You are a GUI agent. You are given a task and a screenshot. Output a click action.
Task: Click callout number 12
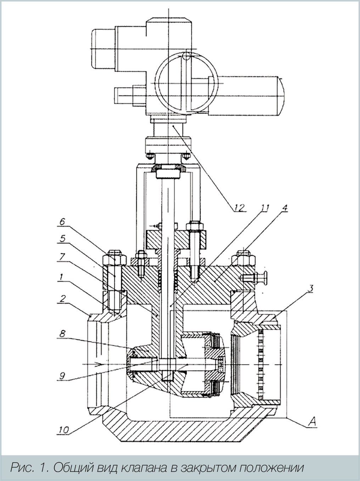click(x=240, y=207)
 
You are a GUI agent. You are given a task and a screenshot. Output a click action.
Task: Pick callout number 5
click(x=62, y=238)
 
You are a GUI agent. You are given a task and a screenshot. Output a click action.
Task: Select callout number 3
click(x=310, y=288)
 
